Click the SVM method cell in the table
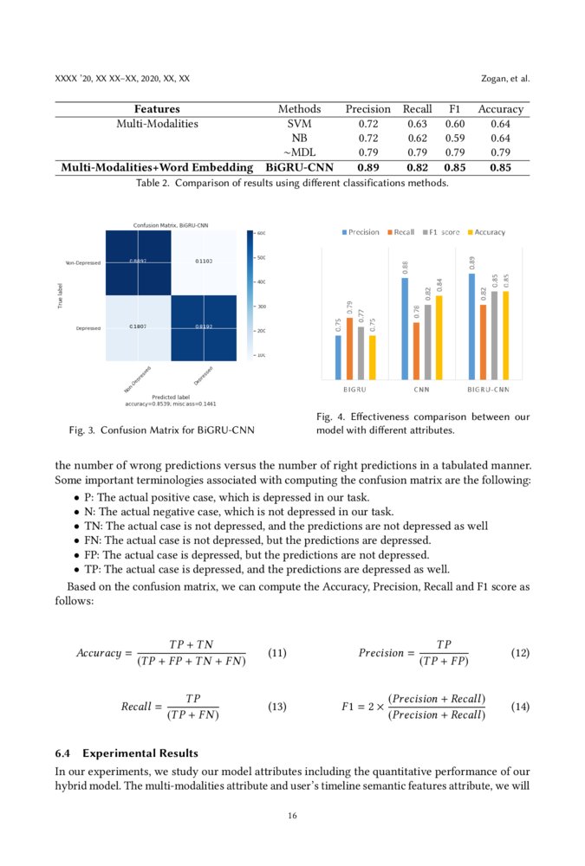click(x=298, y=124)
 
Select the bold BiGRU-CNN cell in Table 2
click(x=298, y=167)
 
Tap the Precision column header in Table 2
click(x=367, y=109)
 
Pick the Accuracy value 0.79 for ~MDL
click(x=500, y=152)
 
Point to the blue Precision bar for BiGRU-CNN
click(x=472, y=326)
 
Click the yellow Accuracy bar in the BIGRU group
click(x=373, y=357)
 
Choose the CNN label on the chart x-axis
click(x=422, y=390)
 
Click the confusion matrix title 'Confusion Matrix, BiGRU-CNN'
click(x=170, y=225)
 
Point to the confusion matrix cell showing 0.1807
click(x=137, y=326)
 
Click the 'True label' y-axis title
click(x=59, y=294)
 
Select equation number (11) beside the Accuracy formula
click(x=277, y=653)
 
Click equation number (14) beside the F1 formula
click(x=520, y=707)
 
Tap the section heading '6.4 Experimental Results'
click(x=127, y=753)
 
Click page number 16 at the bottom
click(x=292, y=815)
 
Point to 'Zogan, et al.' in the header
click(x=504, y=79)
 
